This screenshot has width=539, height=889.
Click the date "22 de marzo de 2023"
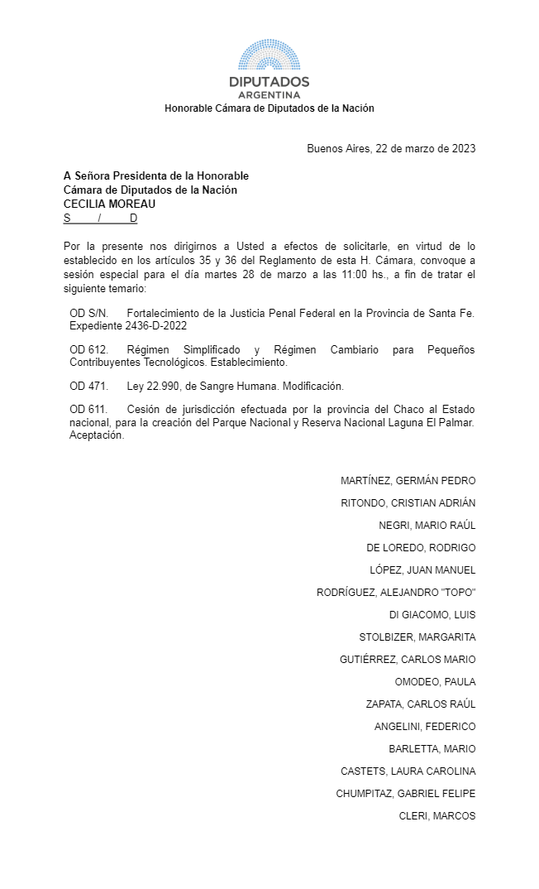425,149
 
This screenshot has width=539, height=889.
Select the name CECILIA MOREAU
109,204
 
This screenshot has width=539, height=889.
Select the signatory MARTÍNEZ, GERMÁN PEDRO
408,481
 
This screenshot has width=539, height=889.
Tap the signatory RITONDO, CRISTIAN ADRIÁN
408,503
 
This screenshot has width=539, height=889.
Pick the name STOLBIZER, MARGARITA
417,637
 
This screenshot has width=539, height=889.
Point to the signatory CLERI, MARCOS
436,816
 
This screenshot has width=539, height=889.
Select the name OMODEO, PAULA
435,682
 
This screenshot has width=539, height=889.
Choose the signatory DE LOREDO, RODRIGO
421,548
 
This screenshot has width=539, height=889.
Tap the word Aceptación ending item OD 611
97,436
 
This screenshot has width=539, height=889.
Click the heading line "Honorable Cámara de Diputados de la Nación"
269,108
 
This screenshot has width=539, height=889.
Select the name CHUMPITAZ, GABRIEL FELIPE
405,794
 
